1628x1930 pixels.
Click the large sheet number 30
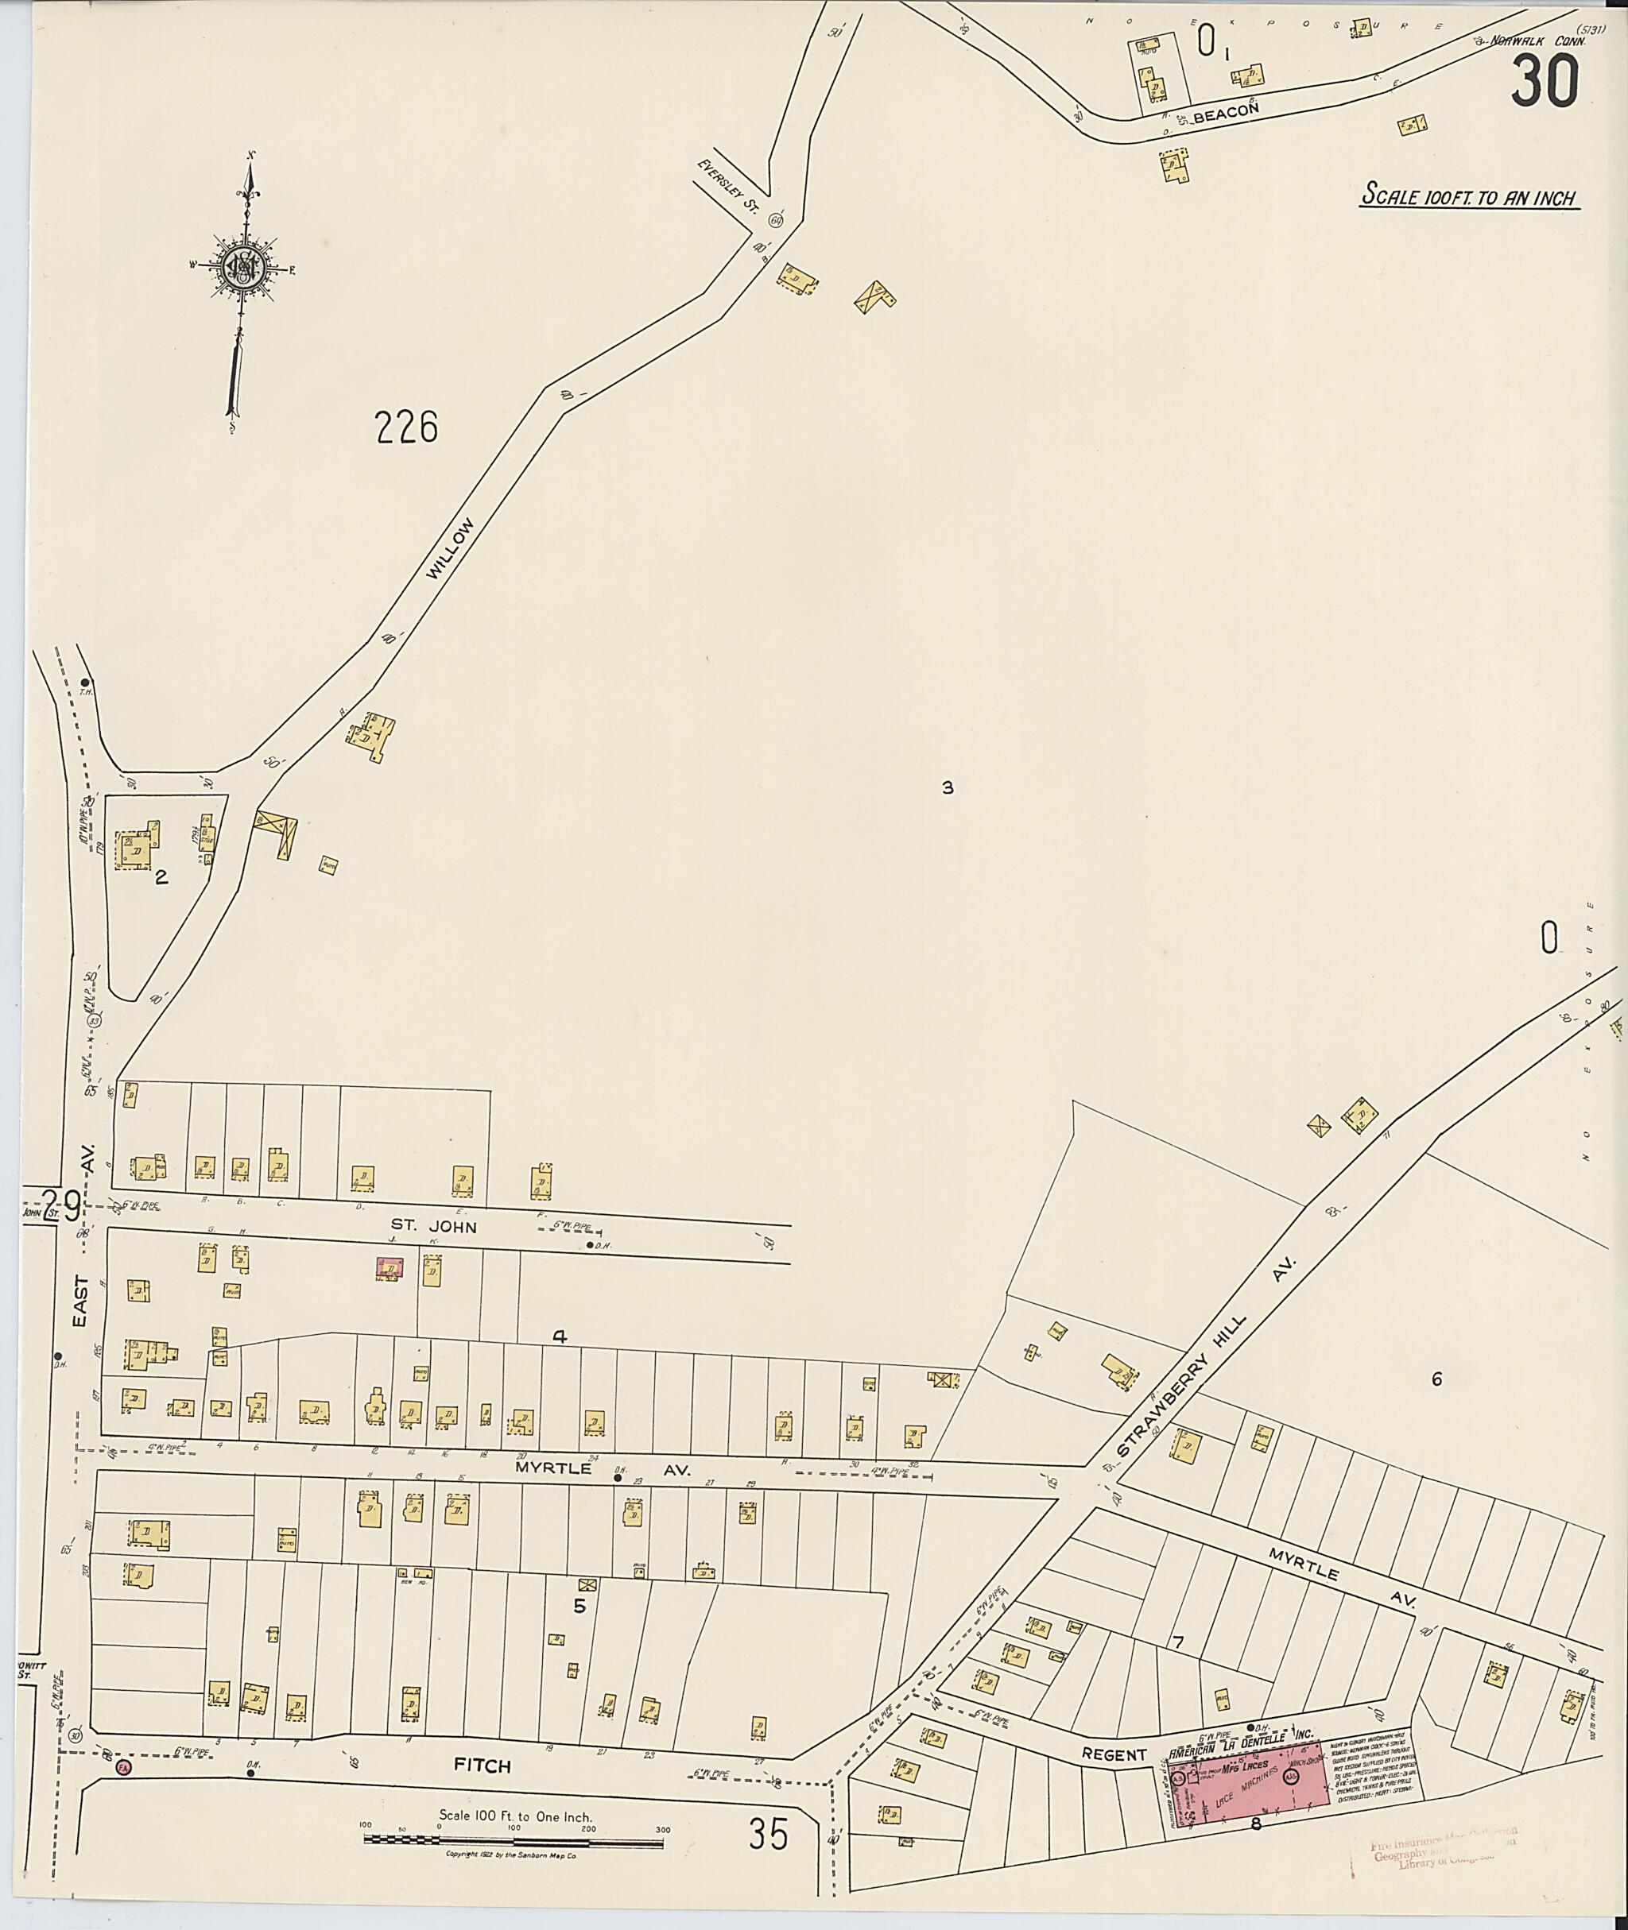[1545, 80]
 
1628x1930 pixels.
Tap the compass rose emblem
[246, 268]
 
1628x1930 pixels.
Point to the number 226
[405, 428]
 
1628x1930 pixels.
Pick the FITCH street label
[482, 1766]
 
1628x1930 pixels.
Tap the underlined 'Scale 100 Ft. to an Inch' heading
[1468, 196]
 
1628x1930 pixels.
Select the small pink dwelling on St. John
[389, 1270]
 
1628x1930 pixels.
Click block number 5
[579, 1605]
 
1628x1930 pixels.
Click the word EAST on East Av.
[81, 1301]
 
